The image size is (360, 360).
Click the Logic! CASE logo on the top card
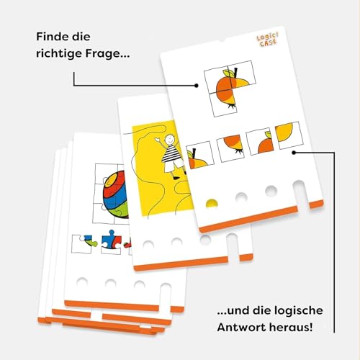pyautogui.click(x=268, y=40)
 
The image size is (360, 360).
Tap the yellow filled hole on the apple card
pyautogui.click(x=212, y=204)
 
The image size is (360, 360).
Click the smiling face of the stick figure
pyautogui.click(x=171, y=138)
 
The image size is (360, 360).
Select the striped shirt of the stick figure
pyautogui.click(x=170, y=153)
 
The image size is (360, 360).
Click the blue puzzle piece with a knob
pyautogui.click(x=111, y=240)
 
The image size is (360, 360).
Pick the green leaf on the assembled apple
pyautogui.click(x=228, y=73)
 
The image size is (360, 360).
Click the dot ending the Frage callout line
pyautogui.click(x=197, y=86)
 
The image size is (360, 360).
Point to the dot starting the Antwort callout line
pyautogui.click(x=294, y=153)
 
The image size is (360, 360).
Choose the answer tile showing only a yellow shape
pyautogui.click(x=289, y=135)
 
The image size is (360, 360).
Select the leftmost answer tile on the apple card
pyautogui.click(x=200, y=156)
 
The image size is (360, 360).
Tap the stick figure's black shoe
pyautogui.click(x=176, y=178)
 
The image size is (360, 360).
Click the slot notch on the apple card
pyautogui.click(x=301, y=196)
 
